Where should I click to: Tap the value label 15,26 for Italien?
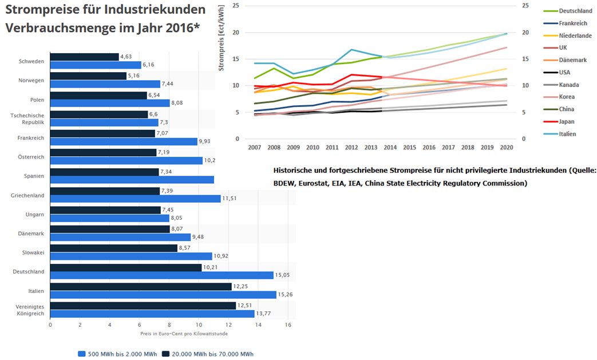pos(286,294)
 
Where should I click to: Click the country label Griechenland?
pos(28,195)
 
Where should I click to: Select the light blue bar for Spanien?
pos(132,180)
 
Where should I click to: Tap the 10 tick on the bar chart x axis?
pos(199,325)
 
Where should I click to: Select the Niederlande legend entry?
pos(575,35)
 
